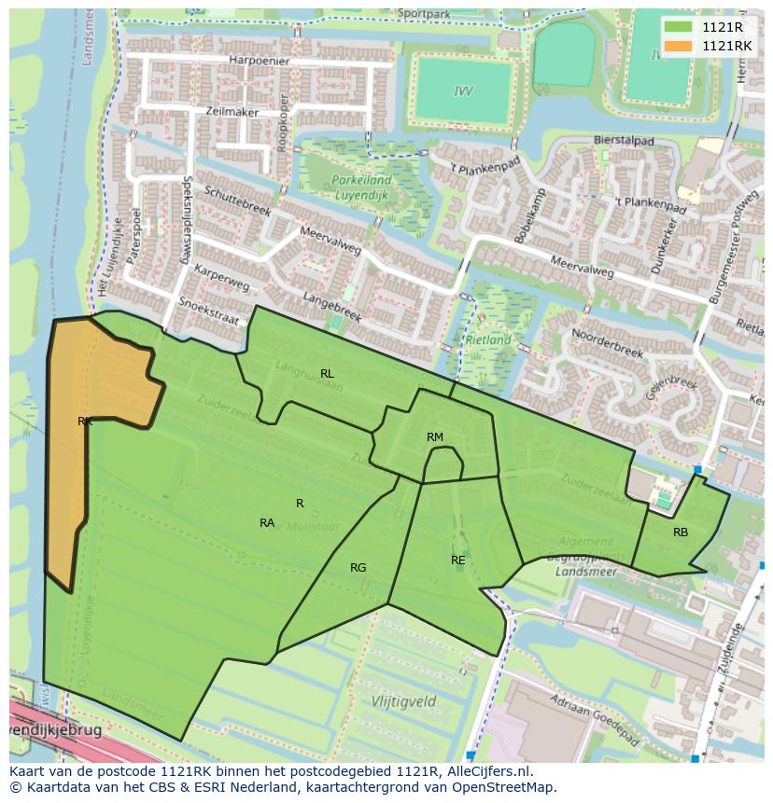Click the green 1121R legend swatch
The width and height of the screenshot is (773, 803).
[x=679, y=27]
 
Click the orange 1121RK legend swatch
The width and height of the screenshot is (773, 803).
[x=679, y=45]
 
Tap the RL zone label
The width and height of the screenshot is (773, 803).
[x=327, y=374]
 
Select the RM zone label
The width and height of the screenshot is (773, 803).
[x=435, y=437]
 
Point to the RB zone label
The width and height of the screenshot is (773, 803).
[x=681, y=533]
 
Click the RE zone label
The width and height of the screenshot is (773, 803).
[x=457, y=561]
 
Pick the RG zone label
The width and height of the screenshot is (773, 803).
[x=358, y=568]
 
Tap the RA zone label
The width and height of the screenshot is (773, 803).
[x=267, y=523]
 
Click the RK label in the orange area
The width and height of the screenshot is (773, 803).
[x=85, y=422]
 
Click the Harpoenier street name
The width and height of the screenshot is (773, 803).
[x=259, y=61]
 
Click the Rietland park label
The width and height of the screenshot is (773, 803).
[x=488, y=340]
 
